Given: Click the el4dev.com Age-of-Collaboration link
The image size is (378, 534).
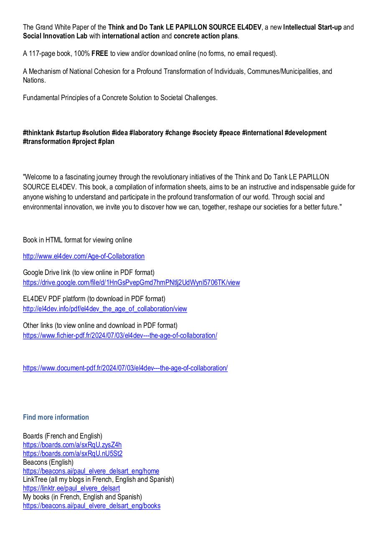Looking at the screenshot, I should (84, 256).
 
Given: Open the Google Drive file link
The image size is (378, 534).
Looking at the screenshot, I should (131, 282).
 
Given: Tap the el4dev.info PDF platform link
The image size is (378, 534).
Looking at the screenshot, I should (105, 309).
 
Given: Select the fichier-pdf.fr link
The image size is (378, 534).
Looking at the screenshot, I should (120, 335).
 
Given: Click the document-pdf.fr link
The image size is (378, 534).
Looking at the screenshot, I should (125, 368).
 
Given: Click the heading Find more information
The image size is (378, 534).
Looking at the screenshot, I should (56, 417).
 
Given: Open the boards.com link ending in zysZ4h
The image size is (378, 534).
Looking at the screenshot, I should (72, 445).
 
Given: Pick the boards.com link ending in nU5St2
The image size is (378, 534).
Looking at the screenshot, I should (73, 453).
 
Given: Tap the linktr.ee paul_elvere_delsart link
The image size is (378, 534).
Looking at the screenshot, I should (71, 488).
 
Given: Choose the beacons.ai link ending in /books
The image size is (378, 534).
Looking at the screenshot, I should (91, 506).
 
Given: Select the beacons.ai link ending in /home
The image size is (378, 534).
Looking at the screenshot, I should (91, 471).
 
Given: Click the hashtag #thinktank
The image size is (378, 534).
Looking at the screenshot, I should (38, 133).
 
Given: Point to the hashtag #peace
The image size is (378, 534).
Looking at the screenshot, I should (229, 133).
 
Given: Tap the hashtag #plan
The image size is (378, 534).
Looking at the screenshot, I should (106, 141).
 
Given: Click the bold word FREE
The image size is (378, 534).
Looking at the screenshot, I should (100, 53).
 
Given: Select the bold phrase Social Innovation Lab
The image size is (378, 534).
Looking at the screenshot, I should (55, 36).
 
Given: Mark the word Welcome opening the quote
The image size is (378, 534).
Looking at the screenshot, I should (38, 177).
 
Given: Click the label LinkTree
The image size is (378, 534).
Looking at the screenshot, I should (35, 479).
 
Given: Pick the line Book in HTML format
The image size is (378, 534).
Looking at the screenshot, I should (77, 240).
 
